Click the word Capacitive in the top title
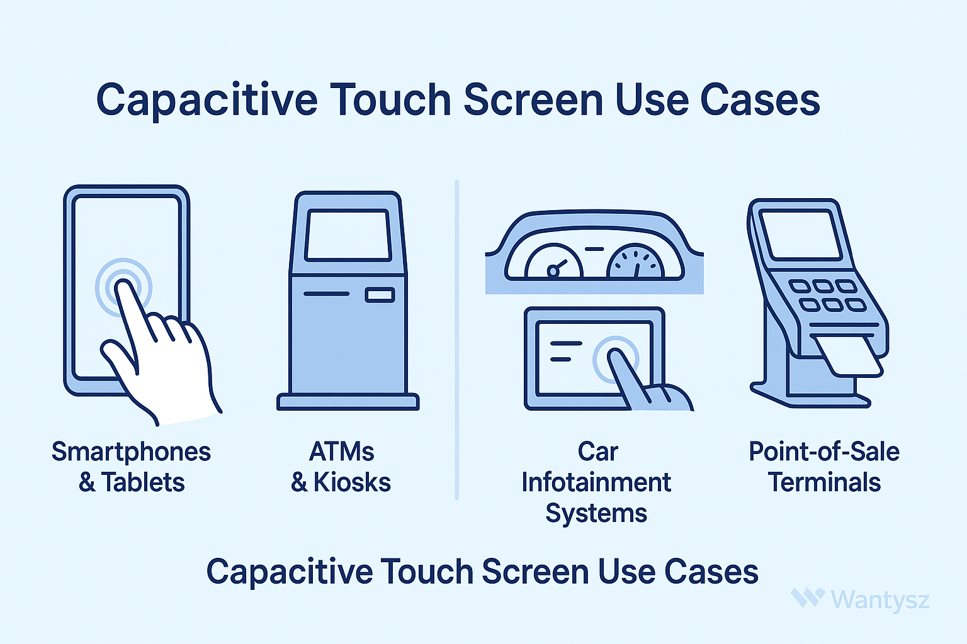click(x=207, y=100)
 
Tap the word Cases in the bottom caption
click(x=711, y=571)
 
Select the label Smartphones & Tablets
click(x=131, y=467)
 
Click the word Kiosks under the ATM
click(x=352, y=482)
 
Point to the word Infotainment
click(x=596, y=482)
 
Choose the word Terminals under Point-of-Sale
click(x=824, y=482)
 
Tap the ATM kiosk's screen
click(x=348, y=235)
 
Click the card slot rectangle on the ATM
click(x=380, y=295)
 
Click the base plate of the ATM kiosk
click(x=348, y=402)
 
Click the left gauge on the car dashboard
click(x=554, y=262)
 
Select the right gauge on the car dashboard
click(x=635, y=261)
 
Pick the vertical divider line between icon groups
click(x=456, y=340)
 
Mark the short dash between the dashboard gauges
click(x=594, y=249)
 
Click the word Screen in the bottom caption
click(x=535, y=571)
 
